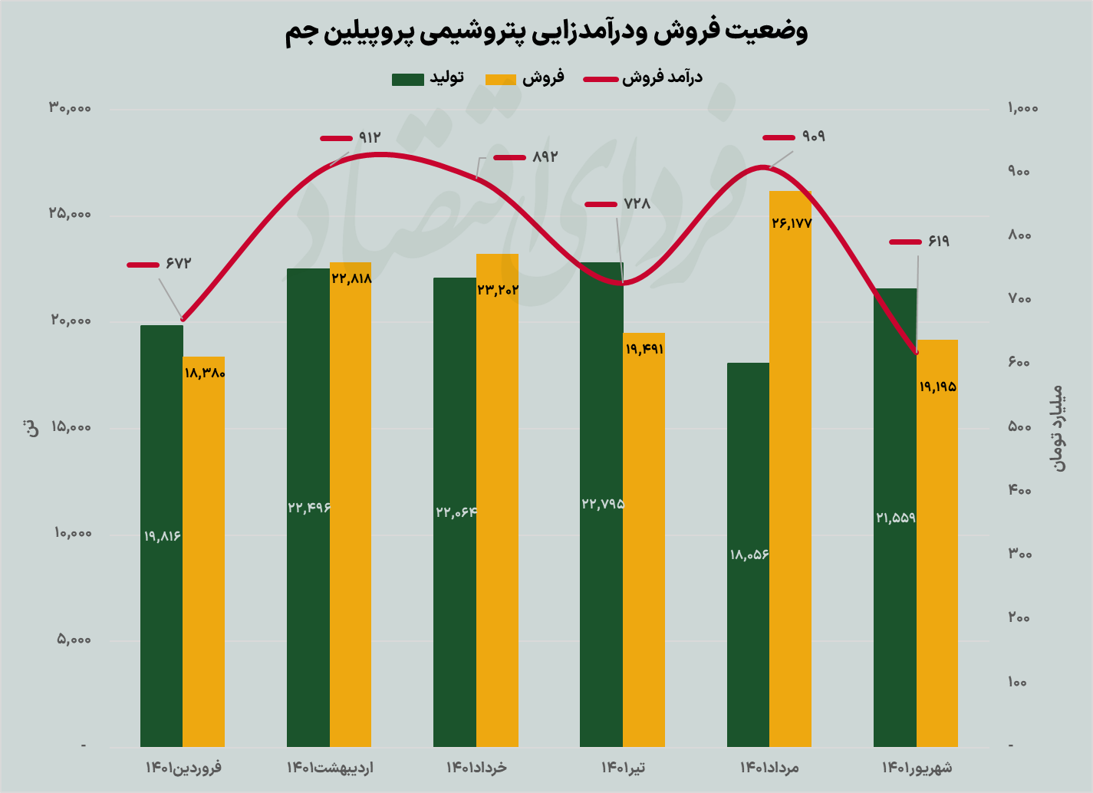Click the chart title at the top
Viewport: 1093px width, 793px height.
tap(546, 32)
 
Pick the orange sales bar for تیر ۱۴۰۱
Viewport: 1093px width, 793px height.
tap(644, 537)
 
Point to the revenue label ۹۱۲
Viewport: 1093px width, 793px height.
tap(369, 138)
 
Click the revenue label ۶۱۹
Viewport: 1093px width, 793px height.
tap(938, 242)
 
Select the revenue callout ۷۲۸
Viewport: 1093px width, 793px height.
tap(637, 204)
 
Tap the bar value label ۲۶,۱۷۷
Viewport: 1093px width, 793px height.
tap(791, 224)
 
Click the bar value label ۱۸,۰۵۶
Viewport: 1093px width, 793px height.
tap(749, 554)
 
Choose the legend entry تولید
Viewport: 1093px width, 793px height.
tap(446, 78)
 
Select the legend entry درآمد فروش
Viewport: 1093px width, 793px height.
tap(661, 78)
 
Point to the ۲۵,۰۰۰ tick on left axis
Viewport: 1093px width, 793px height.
tap(71, 214)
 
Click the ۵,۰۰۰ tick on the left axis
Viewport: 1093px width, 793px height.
tap(74, 640)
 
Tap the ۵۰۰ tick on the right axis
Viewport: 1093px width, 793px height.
tap(1019, 426)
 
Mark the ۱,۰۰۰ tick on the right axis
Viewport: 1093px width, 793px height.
tap(1022, 108)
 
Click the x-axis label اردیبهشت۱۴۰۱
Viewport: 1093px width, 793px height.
tap(330, 767)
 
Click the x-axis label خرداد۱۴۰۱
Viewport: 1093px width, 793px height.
tap(476, 767)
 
